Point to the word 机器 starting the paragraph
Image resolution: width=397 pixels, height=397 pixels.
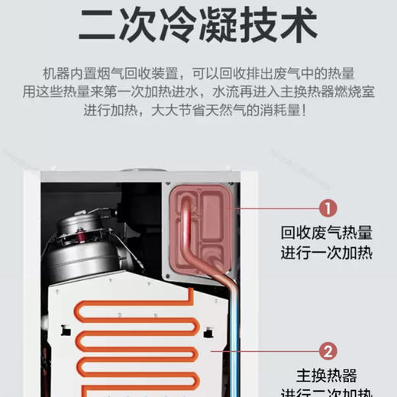[54, 74]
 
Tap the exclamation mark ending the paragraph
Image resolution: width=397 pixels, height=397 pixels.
[305, 111]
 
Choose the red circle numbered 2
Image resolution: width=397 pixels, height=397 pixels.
[326, 351]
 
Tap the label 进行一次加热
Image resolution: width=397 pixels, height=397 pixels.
[326, 253]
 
